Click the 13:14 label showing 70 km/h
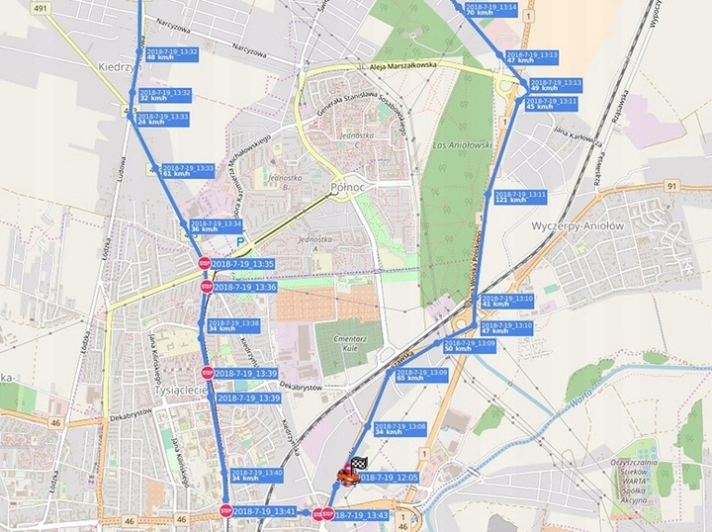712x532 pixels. tap(490, 9)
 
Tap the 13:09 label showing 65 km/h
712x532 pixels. tap(422, 375)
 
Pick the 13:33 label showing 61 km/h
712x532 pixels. tap(187, 170)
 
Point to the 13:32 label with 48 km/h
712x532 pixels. tap(171, 54)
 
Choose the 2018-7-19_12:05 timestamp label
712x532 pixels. tap(390, 477)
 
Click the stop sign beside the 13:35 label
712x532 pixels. tap(205, 264)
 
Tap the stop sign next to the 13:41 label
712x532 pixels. tap(225, 511)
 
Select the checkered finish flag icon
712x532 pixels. tap(359, 463)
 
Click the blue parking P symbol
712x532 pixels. tap(240, 239)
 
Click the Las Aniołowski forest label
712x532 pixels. tap(464, 144)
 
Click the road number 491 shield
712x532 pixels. tap(13, 7)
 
